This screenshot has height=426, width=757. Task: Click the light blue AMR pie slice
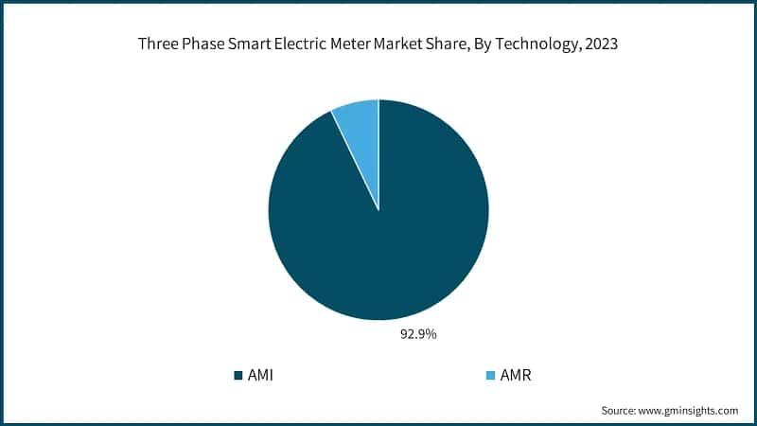(359, 124)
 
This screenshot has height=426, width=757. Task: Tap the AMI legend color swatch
(238, 376)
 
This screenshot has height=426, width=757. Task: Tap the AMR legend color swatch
(490, 376)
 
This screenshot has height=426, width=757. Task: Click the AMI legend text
(260, 376)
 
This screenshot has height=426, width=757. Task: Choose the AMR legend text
(516, 376)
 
